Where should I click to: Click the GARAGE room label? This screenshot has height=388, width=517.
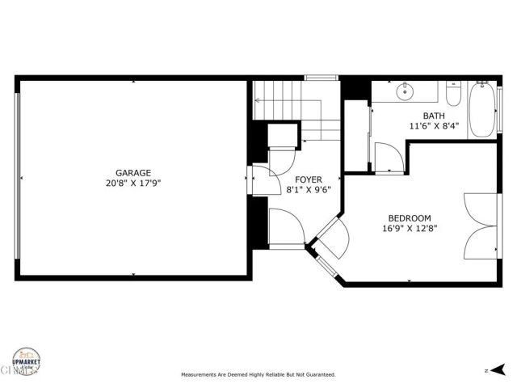click(x=133, y=173)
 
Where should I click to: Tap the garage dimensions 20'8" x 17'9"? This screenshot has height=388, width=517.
click(x=133, y=183)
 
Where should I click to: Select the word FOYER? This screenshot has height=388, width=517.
click(x=308, y=179)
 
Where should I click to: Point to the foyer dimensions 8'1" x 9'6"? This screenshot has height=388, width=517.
click(x=308, y=190)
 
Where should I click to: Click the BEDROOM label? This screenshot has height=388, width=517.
click(x=410, y=218)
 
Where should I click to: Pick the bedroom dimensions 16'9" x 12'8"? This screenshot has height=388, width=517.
click(x=410, y=229)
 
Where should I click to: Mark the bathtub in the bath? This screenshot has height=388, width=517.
click(x=485, y=111)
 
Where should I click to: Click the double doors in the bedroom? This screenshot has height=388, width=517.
click(x=481, y=226)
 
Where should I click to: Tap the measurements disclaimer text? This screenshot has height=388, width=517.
click(x=258, y=375)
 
